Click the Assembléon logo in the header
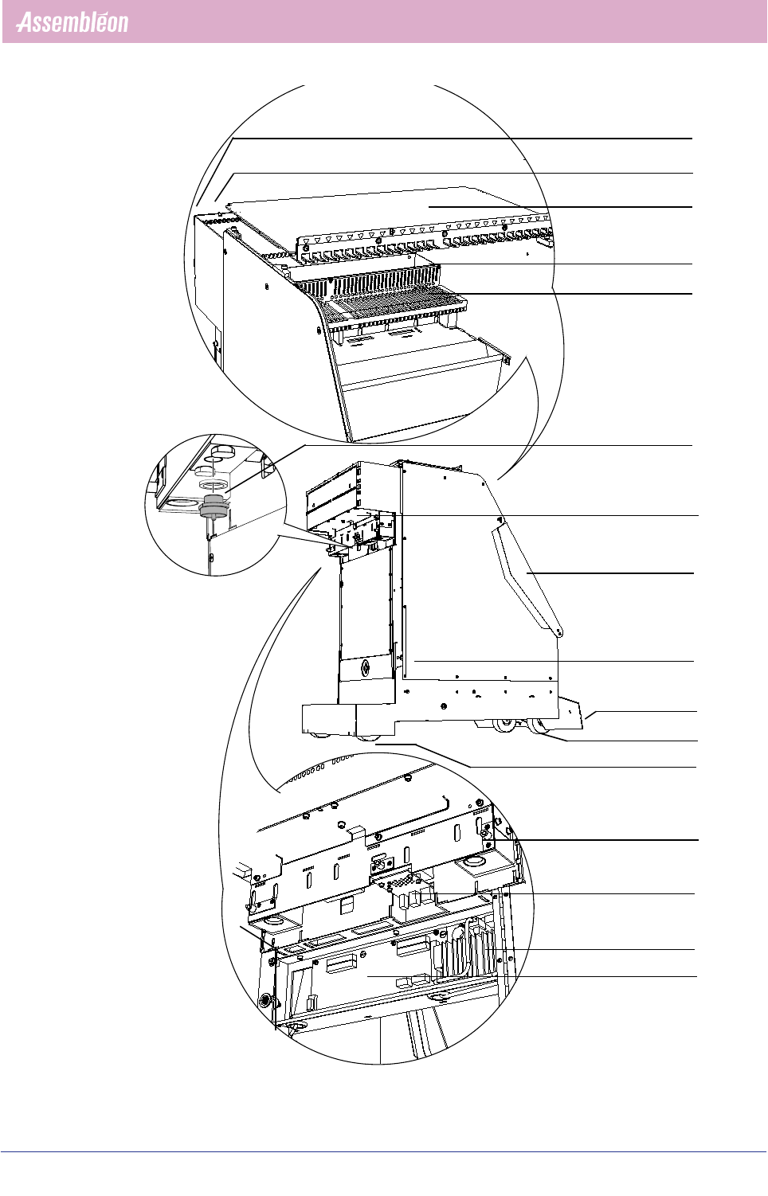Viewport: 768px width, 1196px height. tap(72, 22)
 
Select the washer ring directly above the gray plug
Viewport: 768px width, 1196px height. tap(210, 484)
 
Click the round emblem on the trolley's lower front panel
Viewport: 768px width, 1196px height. tap(366, 667)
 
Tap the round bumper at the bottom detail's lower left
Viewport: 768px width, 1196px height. tap(264, 1000)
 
